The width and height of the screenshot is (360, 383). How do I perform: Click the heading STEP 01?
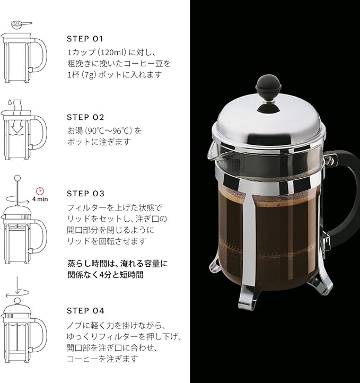(85, 39)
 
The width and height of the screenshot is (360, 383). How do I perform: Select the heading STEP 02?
(85, 117)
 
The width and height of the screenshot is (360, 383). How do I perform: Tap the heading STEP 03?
(85, 194)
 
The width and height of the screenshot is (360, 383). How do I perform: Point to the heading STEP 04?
(85, 311)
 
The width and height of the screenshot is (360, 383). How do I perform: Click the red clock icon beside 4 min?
(39, 190)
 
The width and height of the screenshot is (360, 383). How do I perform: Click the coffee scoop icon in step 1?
(20, 24)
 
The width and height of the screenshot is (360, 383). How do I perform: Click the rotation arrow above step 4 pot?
(16, 292)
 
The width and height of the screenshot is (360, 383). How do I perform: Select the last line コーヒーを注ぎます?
(102, 359)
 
